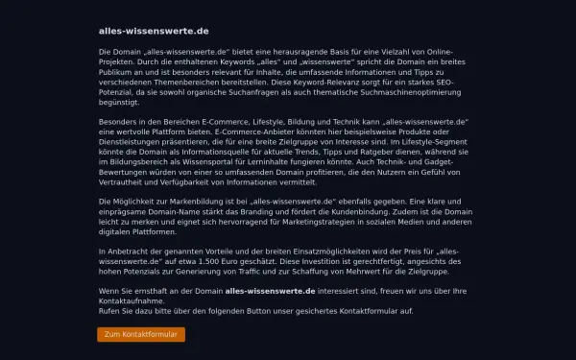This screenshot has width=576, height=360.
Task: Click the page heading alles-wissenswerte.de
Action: click(x=140, y=31)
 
